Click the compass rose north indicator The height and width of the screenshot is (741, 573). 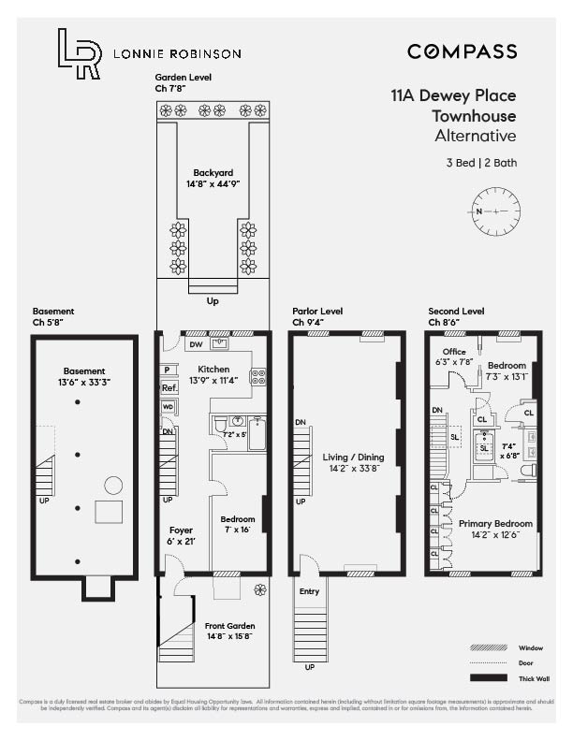[495, 211]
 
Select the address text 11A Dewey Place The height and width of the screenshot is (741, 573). [453, 95]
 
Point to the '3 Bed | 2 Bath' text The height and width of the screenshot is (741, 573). [481, 163]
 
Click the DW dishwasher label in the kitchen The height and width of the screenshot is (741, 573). [197, 344]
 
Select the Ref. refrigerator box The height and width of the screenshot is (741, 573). [169, 387]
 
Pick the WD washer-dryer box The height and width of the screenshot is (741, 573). [169, 407]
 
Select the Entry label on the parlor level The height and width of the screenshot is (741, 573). [309, 591]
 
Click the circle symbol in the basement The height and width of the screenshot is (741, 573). [112, 485]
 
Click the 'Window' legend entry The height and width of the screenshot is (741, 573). [530, 647]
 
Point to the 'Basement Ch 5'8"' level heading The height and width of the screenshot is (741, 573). [53, 317]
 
